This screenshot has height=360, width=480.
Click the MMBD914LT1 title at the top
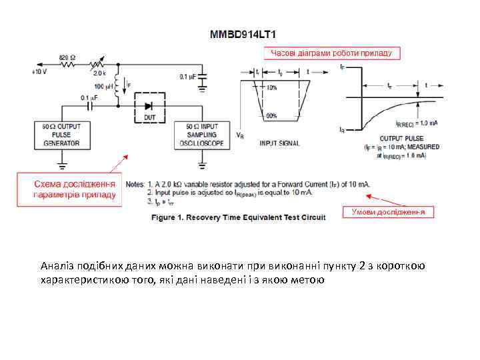(x=244, y=33)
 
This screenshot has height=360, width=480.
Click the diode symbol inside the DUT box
(x=149, y=105)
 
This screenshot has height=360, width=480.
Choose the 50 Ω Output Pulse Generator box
(x=61, y=133)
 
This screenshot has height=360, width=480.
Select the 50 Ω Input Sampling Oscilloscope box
(x=201, y=133)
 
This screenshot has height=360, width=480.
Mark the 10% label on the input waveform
(x=271, y=87)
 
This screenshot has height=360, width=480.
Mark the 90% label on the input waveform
(x=271, y=116)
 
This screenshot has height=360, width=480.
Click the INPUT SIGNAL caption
(x=279, y=143)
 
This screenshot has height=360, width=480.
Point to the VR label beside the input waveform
(x=240, y=135)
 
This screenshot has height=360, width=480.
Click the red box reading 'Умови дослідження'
(x=389, y=212)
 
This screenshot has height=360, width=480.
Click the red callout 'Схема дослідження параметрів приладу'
(x=69, y=190)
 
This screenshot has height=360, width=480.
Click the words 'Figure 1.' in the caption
(x=167, y=217)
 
